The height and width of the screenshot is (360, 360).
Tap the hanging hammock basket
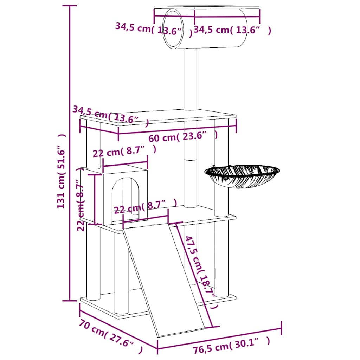click(x=242, y=176)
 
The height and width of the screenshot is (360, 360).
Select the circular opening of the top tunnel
click(x=173, y=29)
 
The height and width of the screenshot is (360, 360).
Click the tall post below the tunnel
click(x=190, y=79)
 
